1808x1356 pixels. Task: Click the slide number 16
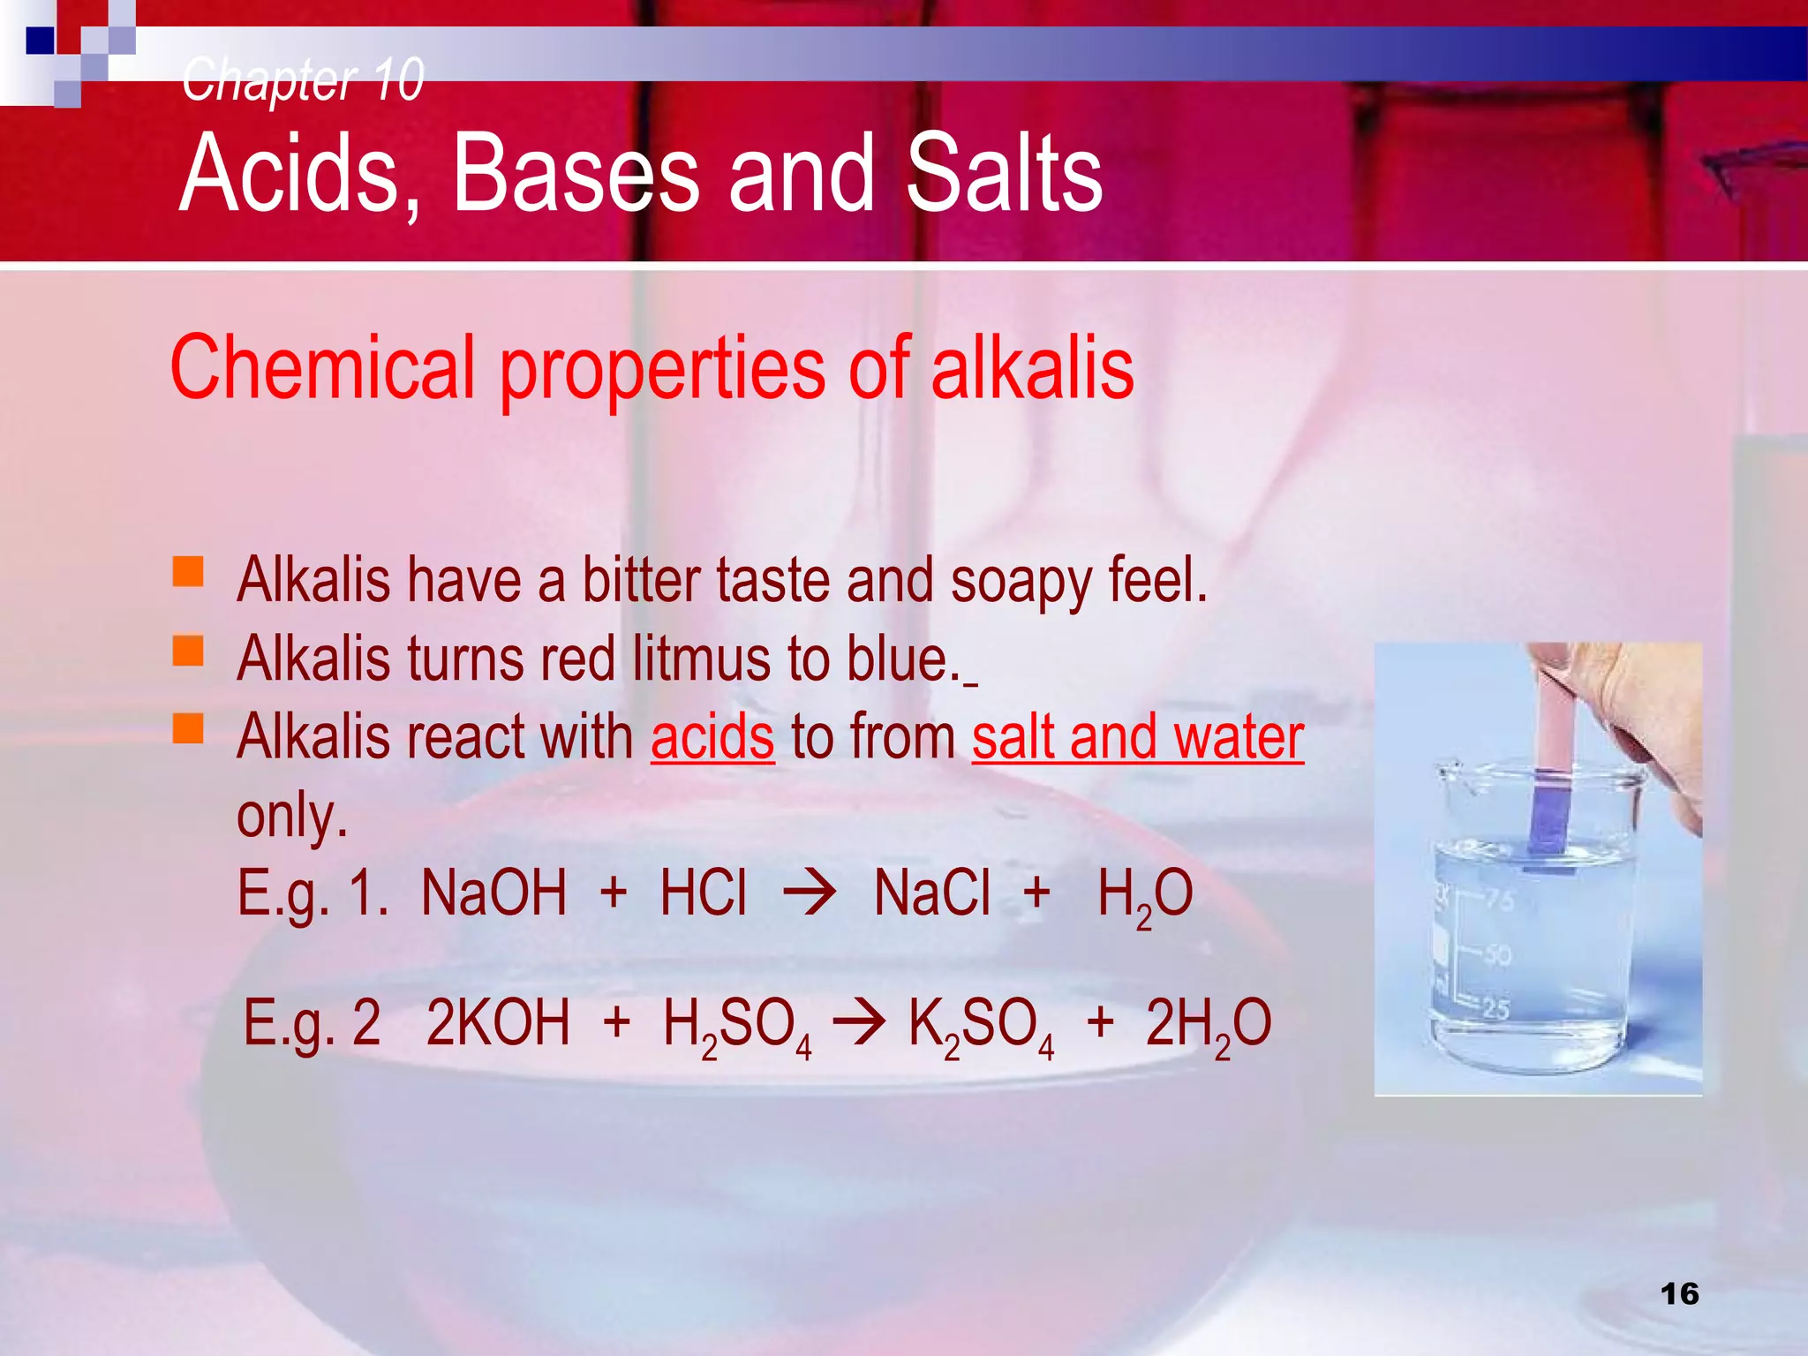point(1679,1294)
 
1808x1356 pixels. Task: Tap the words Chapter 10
point(303,79)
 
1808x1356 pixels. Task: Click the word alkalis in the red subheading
point(1032,368)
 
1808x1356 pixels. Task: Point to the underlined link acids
point(712,737)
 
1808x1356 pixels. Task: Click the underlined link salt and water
point(1138,737)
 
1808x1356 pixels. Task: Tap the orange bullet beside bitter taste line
point(188,571)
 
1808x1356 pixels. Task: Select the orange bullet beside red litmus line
point(188,651)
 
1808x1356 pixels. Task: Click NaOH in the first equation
point(493,893)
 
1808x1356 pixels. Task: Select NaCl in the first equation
point(931,893)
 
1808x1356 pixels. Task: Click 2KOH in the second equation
point(498,1023)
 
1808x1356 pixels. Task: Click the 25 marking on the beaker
point(1495,1008)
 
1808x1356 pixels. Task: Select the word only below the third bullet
point(292,816)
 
